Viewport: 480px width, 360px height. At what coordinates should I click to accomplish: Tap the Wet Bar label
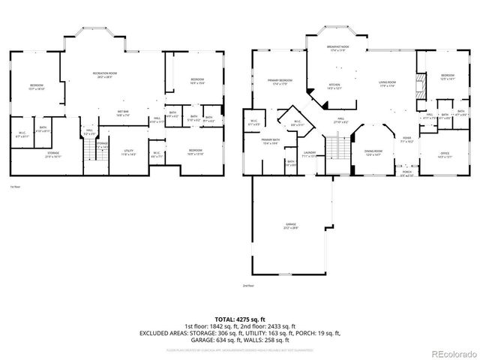[122, 113]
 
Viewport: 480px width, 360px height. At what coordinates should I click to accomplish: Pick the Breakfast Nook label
[334, 47]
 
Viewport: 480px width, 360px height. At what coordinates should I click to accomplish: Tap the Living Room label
[387, 85]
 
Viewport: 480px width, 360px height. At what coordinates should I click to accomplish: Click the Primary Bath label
[271, 141]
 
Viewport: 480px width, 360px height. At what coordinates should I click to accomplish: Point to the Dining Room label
[373, 153]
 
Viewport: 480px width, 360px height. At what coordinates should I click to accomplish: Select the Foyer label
[406, 139]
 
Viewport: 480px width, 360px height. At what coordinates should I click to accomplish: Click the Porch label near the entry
[406, 173]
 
